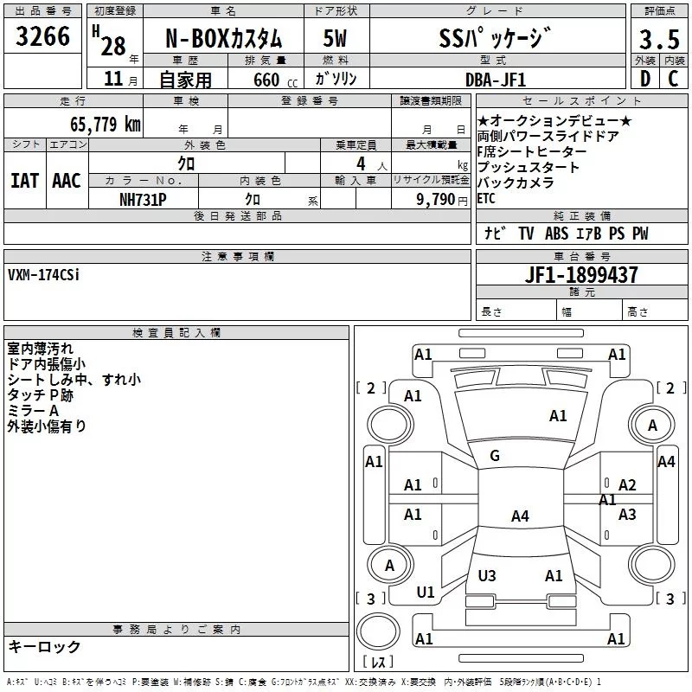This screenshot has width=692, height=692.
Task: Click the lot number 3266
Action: tap(43, 38)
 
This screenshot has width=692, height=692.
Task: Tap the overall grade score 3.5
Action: tap(658, 40)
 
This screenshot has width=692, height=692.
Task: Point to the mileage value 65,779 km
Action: tap(105, 124)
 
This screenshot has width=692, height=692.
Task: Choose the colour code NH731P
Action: tap(143, 198)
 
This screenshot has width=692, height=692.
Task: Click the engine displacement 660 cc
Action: tap(262, 80)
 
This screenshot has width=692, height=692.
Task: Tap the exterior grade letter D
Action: tap(644, 79)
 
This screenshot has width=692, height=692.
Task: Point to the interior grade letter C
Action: tap(672, 79)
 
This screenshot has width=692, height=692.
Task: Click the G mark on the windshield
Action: tap(495, 456)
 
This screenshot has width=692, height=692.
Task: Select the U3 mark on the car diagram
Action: tap(487, 575)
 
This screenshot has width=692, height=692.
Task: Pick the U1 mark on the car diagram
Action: tap(426, 592)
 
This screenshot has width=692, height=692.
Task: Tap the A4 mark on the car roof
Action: tap(519, 516)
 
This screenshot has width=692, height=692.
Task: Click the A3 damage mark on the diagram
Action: tap(627, 515)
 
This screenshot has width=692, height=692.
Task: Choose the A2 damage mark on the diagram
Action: tap(627, 485)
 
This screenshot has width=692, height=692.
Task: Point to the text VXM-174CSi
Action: tap(43, 275)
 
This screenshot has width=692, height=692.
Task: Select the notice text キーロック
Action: tap(44, 647)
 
